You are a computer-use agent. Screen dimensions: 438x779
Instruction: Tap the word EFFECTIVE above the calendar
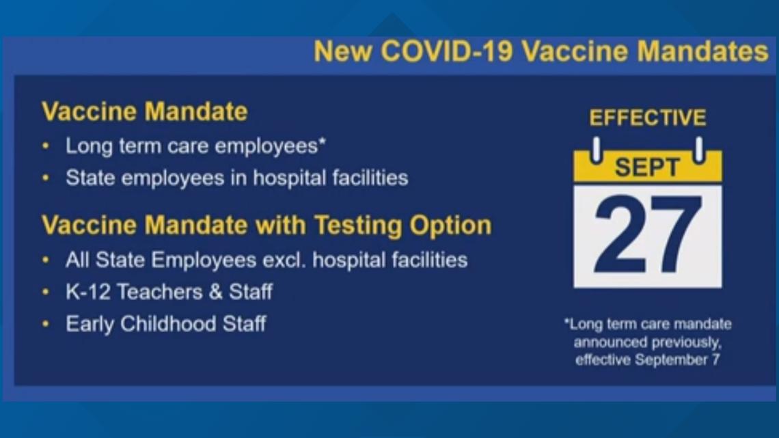coord(647,118)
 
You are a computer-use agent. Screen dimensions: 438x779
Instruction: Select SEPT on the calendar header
coord(647,167)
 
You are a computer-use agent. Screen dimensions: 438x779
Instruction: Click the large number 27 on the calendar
coord(647,236)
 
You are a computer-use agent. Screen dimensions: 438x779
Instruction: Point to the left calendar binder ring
coord(596,150)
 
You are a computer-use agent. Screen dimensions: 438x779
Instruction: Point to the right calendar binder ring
coord(699,150)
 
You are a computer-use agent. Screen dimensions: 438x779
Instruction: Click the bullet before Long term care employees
coord(46,146)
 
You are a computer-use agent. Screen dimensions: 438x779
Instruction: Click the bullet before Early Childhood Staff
coord(46,324)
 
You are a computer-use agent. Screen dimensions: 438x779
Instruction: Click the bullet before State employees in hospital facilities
coord(46,178)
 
